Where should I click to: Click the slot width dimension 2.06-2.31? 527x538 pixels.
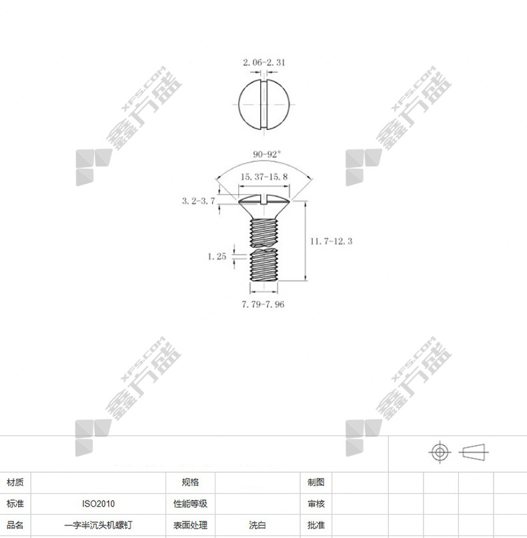point(264,63)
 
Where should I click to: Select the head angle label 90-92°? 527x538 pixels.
point(266,154)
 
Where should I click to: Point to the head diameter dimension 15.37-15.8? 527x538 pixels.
point(264,177)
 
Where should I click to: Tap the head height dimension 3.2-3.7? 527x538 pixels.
point(198,201)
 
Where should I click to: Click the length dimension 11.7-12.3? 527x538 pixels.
point(332,241)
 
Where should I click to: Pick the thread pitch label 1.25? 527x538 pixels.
point(217,256)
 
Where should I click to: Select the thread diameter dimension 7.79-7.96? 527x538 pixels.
point(263,305)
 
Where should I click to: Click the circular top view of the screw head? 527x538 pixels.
point(264,104)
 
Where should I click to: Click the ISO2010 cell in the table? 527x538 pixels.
point(98,504)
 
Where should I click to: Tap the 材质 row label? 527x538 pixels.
point(15,483)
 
